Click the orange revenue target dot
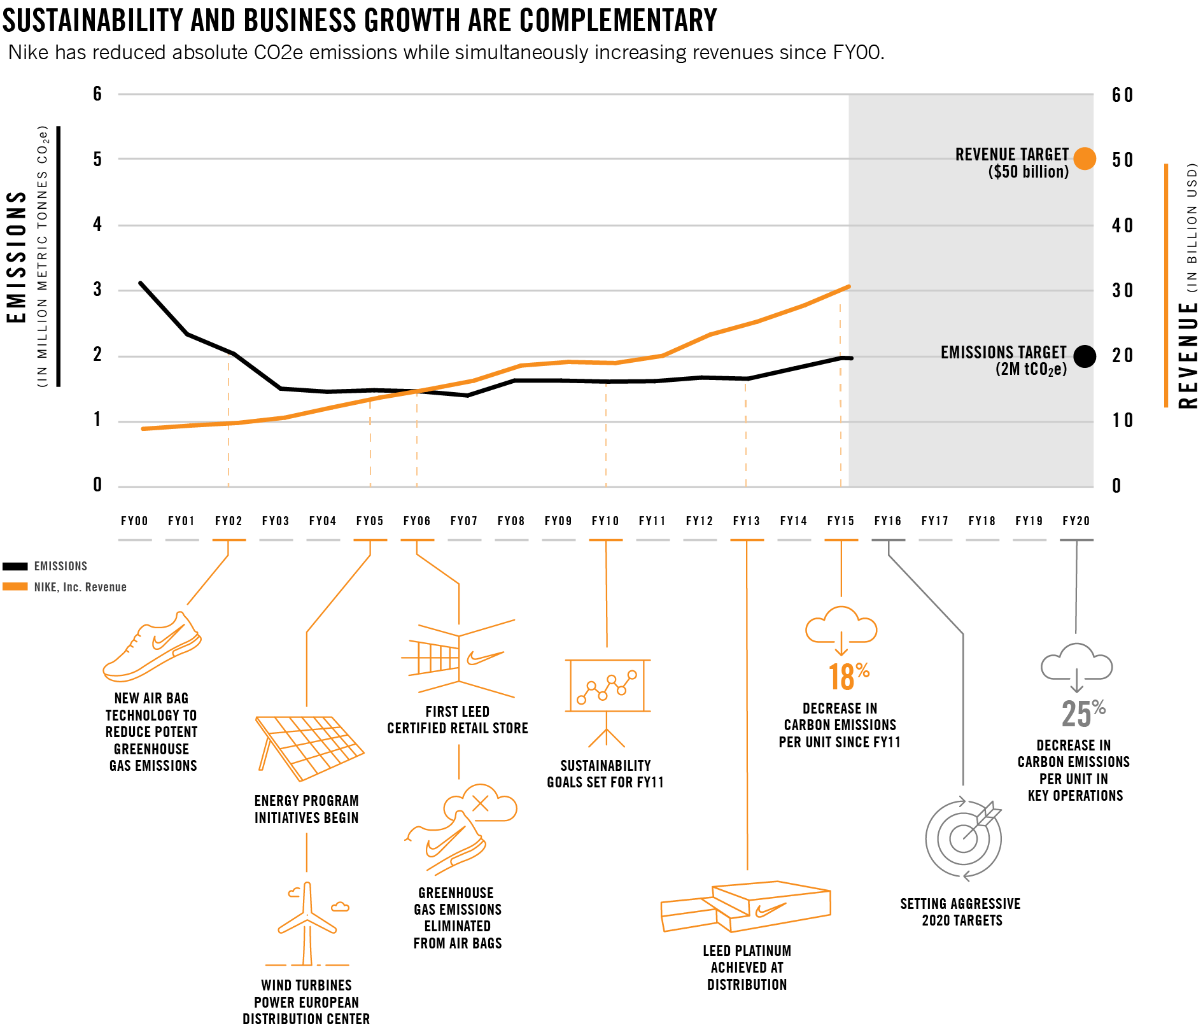tap(1085, 158)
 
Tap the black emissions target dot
tap(1085, 356)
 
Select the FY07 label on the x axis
tap(464, 521)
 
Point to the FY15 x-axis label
tap(841, 521)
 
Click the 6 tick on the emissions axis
tap(97, 94)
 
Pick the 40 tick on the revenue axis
tap(1123, 225)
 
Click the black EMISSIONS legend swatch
tap(15, 567)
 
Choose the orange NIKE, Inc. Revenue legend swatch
tap(15, 587)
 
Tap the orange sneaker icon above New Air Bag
tap(153, 647)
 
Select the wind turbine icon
tap(308, 923)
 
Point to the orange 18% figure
tap(848, 677)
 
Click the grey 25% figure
tap(1083, 714)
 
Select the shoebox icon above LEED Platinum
tap(746, 906)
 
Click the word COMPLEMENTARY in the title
tap(618, 20)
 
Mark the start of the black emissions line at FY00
tap(140, 283)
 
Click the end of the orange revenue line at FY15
tap(848, 287)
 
